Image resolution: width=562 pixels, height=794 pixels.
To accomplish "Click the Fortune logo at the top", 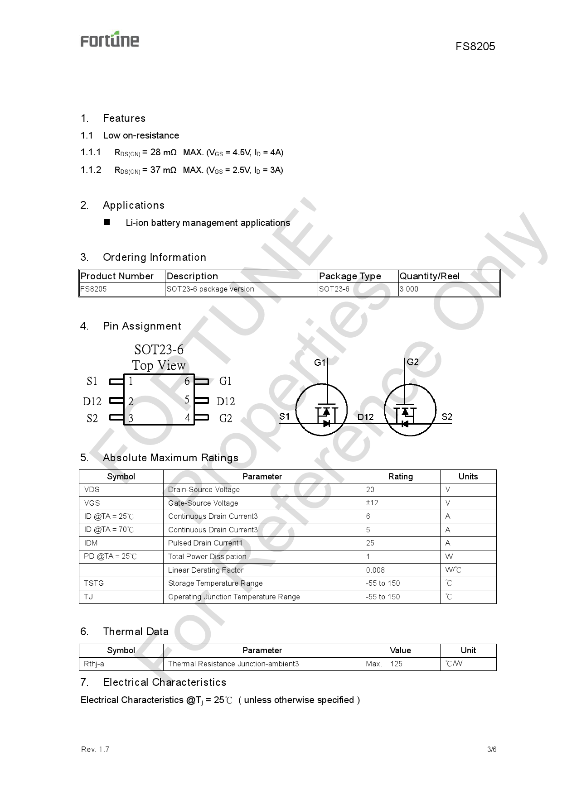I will point(110,40).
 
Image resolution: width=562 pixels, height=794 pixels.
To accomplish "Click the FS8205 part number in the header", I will point(475,46).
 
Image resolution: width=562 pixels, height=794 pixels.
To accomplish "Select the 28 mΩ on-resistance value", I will point(163,153).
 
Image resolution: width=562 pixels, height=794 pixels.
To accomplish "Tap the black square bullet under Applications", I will point(107,222).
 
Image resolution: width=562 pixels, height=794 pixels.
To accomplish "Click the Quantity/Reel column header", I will point(429,276).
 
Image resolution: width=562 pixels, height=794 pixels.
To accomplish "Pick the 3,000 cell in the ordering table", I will point(409,289).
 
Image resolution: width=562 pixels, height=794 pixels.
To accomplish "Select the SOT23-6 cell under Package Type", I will point(334,289).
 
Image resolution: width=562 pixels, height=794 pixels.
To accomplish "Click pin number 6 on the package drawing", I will point(187,381).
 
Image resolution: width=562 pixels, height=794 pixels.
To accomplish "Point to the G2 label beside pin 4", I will point(225,418).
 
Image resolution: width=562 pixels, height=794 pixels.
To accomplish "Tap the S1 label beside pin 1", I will point(92,381).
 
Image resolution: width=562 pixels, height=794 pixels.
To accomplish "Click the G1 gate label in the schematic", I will point(320,362).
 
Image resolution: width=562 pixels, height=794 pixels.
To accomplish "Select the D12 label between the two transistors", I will point(365,417).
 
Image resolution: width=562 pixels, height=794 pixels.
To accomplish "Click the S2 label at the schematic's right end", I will point(446,416).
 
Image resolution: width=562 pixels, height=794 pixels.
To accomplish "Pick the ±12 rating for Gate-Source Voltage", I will point(372,503).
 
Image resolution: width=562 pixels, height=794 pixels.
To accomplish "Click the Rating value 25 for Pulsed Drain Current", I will point(370,543).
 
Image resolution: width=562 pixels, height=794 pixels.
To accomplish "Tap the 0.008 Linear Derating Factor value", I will point(375,570).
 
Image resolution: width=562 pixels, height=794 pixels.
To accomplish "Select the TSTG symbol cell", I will point(94,583).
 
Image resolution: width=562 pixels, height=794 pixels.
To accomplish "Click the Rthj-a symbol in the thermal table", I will point(94,664).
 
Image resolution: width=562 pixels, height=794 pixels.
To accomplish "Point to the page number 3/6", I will point(492,749).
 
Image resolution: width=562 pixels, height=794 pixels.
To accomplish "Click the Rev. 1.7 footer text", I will point(95,749).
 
